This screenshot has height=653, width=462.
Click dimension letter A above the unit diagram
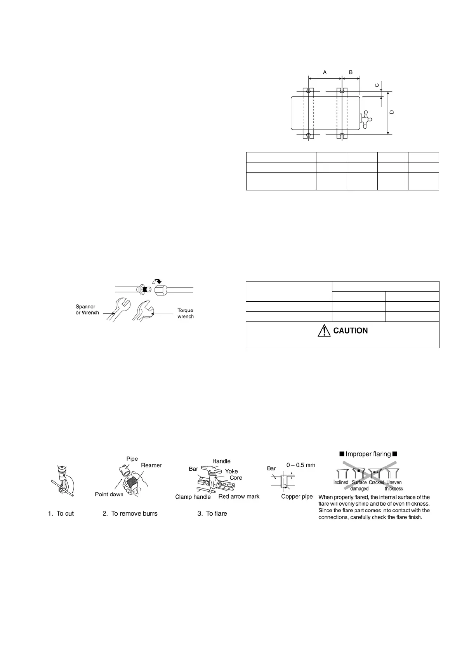pyautogui.click(x=325, y=72)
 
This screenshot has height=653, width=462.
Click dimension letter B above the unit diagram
pyautogui.click(x=351, y=72)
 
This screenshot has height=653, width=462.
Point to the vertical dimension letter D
pyautogui.click(x=392, y=112)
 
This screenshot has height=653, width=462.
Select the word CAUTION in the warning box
pyautogui.click(x=351, y=331)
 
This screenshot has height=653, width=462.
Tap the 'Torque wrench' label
pyautogui.click(x=185, y=313)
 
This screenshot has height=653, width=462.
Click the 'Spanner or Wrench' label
pyautogui.click(x=87, y=309)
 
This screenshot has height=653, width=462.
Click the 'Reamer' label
pyautogui.click(x=151, y=465)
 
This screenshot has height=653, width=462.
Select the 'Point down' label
pyautogui.click(x=109, y=494)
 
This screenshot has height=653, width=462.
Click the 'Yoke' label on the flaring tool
pyautogui.click(x=231, y=471)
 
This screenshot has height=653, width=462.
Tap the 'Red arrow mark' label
pyautogui.click(x=239, y=496)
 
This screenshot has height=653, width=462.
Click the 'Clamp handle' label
pyautogui.click(x=193, y=497)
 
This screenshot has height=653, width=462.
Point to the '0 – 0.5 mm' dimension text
pyautogui.click(x=300, y=465)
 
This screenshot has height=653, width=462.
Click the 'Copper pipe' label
pyautogui.click(x=297, y=497)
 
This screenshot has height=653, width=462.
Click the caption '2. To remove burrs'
pyautogui.click(x=130, y=513)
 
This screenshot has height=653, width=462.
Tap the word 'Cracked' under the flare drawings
pyautogui.click(x=376, y=482)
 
